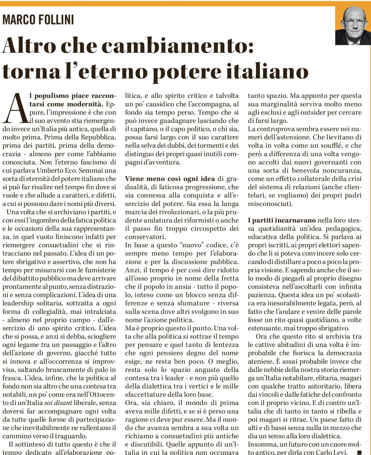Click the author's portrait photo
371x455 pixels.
click(353, 26)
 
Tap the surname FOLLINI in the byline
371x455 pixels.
click(56, 20)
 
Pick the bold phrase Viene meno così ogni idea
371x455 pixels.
click(170, 179)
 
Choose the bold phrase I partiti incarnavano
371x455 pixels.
click(281, 221)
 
